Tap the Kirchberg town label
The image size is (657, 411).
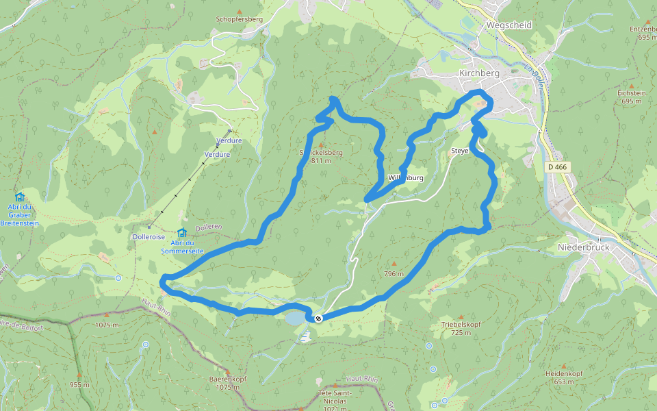click(x=479, y=73)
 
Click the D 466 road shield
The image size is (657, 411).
click(x=558, y=166)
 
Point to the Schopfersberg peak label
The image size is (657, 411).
click(x=239, y=19)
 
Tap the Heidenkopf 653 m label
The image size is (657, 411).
click(x=564, y=377)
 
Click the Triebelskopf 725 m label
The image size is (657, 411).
click(x=461, y=329)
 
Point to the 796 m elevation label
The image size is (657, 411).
click(x=394, y=273)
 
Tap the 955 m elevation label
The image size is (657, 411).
click(x=79, y=384)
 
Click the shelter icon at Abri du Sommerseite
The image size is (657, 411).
click(x=181, y=233)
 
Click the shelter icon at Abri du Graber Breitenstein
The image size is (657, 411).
click(x=19, y=197)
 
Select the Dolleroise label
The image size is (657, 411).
click(x=149, y=236)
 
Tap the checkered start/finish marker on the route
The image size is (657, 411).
click(x=318, y=318)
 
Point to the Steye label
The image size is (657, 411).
click(x=459, y=151)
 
